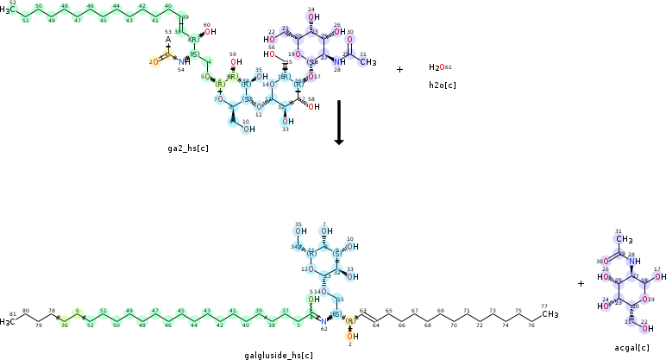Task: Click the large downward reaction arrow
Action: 339,122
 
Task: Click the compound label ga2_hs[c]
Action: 188,148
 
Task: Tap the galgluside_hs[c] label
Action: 279,354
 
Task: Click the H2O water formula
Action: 437,67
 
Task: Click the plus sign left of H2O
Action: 399,69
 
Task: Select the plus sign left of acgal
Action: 581,283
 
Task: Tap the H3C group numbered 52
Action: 8,9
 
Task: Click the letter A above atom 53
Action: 168,40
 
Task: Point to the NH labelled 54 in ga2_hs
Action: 183,62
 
